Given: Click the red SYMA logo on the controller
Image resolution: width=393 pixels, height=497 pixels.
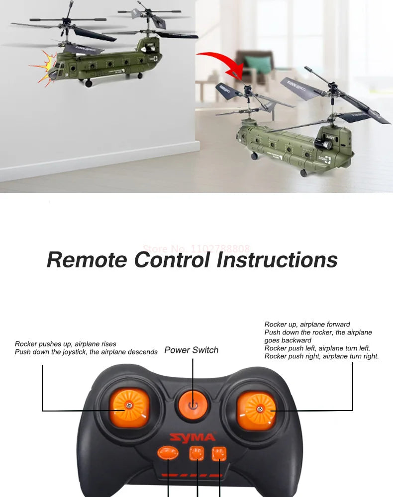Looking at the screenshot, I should tap(193, 438).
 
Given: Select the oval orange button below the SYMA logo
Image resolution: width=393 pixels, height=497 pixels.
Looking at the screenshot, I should tap(168, 453).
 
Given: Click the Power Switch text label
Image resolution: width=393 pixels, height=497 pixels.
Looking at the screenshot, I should tap(192, 350).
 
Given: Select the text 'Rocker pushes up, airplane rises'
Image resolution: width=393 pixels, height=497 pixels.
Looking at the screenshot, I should tap(66, 344).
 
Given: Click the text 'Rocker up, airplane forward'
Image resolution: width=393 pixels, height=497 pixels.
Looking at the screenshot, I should tap(307, 325).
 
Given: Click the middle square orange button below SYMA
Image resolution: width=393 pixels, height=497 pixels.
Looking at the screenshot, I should tap(196, 453).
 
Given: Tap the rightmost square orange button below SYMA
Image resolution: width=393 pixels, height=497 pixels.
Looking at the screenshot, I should tap(219, 453).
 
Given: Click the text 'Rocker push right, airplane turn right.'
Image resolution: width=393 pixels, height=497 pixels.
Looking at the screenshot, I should tap(321, 356).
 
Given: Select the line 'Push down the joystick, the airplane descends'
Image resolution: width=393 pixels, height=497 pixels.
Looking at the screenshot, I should tap(86, 352).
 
